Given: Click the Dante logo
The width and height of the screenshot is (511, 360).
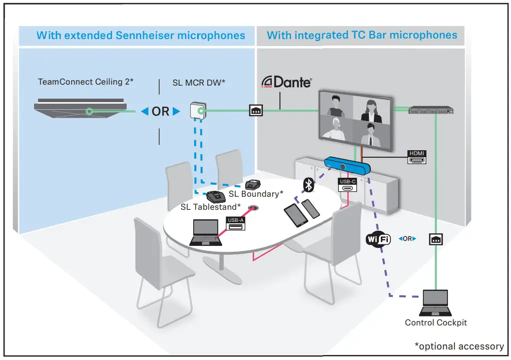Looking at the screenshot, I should point(287,82).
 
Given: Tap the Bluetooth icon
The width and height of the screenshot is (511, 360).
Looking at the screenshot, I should point(309,185).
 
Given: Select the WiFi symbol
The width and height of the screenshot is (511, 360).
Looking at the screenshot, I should point(378,239).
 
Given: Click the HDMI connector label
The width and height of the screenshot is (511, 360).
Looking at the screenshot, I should point(416,157).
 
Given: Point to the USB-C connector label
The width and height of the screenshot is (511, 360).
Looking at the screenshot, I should point(347,185).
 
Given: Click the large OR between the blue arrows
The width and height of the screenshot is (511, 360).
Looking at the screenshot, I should point(160,112).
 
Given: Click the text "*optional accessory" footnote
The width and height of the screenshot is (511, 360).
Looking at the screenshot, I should point(459,346).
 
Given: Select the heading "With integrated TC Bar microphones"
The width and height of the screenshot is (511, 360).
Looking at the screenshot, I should point(362,35).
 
